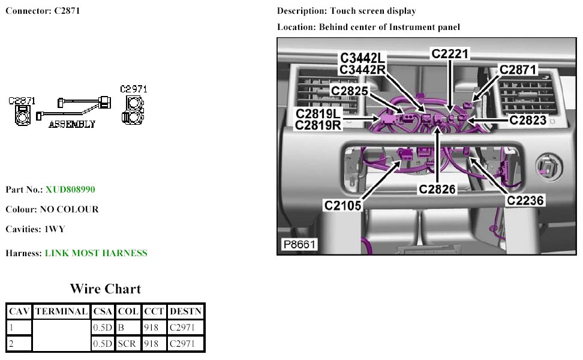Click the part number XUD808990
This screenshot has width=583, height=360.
pyautogui.click(x=70, y=190)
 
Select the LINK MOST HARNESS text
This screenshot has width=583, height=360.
pyautogui.click(x=96, y=253)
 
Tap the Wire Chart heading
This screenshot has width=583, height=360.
pyautogui.click(x=105, y=289)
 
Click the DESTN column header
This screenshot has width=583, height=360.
pyautogui.click(x=185, y=311)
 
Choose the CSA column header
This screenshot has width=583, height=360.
pyautogui.click(x=102, y=311)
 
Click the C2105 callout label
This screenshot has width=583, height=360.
pyautogui.click(x=343, y=205)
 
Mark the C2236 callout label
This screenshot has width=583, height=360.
pyautogui.click(x=525, y=200)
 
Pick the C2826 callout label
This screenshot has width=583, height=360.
pyautogui.click(x=438, y=190)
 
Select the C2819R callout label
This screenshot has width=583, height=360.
pyautogui.click(x=318, y=125)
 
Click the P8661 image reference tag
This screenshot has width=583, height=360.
pyautogui.click(x=299, y=245)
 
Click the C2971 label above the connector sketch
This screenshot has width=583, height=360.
pyautogui.click(x=133, y=89)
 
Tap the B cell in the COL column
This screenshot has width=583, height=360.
pyautogui.click(x=121, y=328)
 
